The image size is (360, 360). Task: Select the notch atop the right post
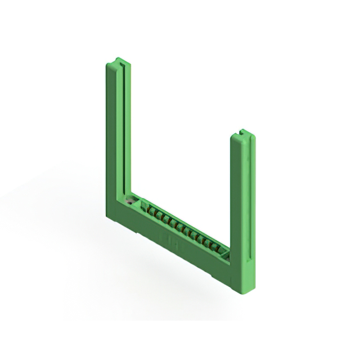click(243, 132)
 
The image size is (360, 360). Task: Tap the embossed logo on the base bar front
click(169, 236)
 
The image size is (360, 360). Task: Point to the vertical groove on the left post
click(124, 129)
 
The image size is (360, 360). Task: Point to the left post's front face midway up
click(112, 141)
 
